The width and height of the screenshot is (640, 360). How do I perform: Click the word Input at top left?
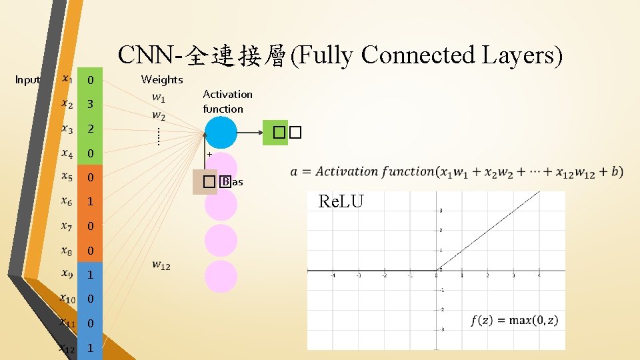pos(27,80)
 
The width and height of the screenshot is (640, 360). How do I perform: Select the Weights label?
pos(162,80)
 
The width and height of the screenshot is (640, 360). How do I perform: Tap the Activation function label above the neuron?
pos(227,101)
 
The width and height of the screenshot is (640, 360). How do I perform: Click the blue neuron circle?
pos(220,132)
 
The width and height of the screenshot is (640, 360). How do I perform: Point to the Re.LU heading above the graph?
pos(341,201)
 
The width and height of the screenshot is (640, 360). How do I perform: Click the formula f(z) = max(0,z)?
pos(515,321)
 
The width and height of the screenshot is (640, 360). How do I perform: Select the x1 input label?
pos(67,79)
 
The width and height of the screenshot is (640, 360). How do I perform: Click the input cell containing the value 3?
pos(90,105)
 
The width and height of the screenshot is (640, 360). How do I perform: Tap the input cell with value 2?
pos(90,129)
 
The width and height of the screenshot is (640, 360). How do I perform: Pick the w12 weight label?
pos(161,265)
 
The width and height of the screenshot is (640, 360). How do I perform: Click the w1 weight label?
pos(159,97)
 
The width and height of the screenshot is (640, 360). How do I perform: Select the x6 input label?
pos(67,201)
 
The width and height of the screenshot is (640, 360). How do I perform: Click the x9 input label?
pos(67,274)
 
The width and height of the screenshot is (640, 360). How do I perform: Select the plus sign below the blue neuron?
pos(209,155)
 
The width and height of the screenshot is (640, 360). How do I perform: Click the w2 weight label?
pos(159,115)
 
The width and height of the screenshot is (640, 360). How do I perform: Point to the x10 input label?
pos(67,299)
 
